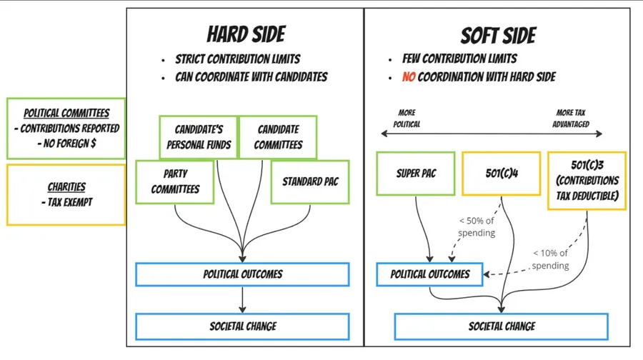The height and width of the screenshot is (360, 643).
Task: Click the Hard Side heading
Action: (x=246, y=34)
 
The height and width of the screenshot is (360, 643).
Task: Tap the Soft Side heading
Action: (x=498, y=35)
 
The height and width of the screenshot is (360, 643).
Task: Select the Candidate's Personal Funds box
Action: (x=198, y=136)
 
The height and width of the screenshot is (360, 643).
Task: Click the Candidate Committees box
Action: (x=279, y=136)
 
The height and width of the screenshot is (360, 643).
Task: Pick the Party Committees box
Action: (x=174, y=181)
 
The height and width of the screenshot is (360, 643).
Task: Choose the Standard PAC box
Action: (x=310, y=181)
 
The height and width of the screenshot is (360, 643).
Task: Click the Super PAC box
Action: (x=416, y=173)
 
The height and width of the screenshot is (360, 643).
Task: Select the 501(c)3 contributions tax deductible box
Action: (x=587, y=181)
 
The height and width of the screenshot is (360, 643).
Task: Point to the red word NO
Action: (x=408, y=76)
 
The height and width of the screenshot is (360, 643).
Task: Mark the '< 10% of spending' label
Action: (x=550, y=259)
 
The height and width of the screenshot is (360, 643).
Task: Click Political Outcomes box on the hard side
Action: (x=242, y=274)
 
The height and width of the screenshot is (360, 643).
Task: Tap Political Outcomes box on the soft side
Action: (x=430, y=274)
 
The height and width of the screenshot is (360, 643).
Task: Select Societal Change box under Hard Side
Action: (x=242, y=326)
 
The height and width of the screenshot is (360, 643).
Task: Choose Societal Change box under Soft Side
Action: (x=502, y=326)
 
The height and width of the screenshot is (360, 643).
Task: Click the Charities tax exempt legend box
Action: (x=65, y=195)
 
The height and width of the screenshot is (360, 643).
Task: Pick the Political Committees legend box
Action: (x=65, y=128)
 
